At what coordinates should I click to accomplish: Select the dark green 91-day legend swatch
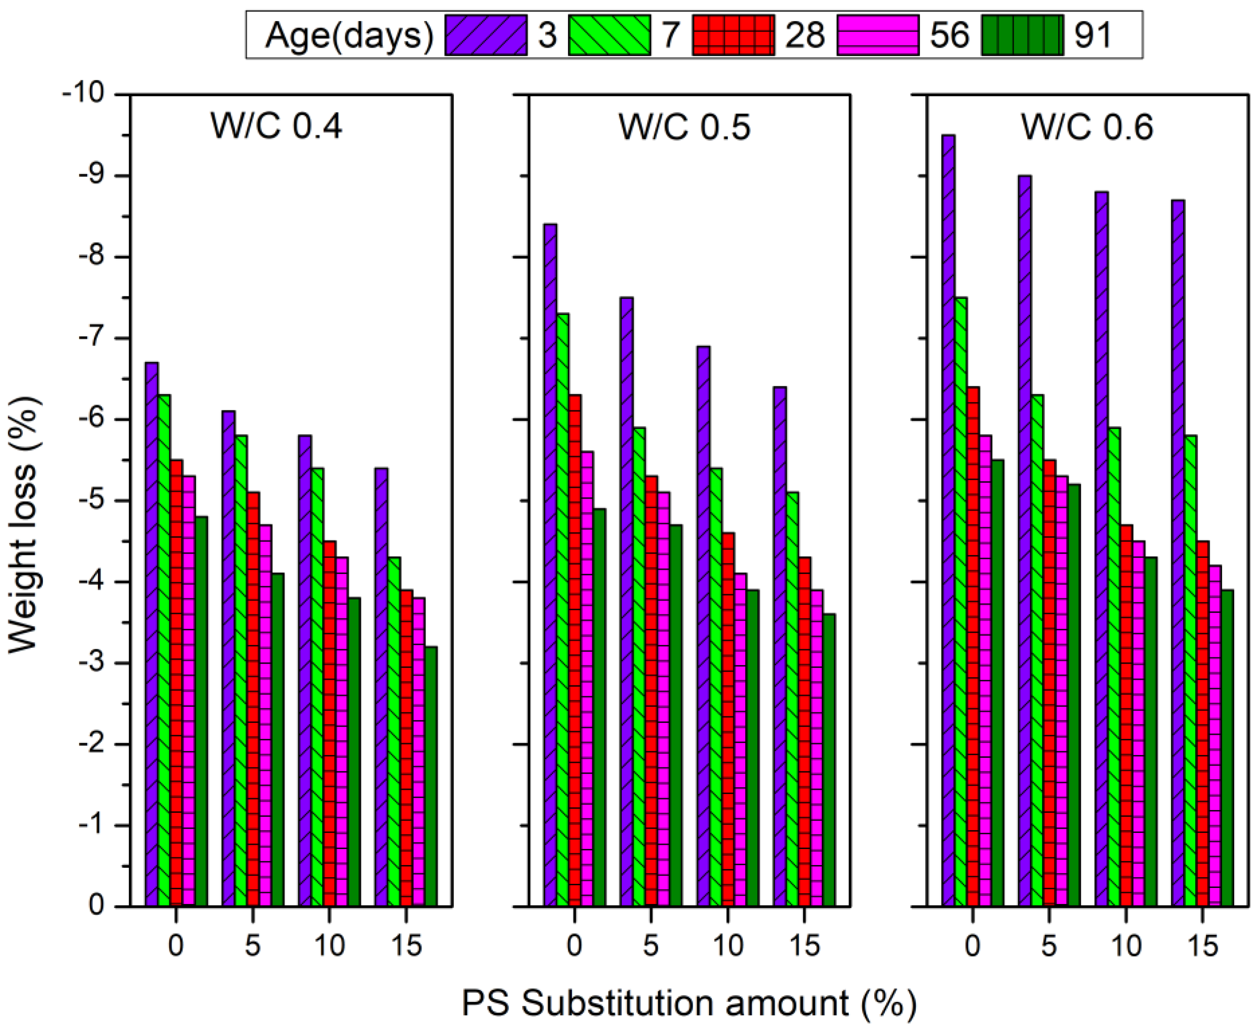[1022, 35]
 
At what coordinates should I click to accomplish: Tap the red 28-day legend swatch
[733, 35]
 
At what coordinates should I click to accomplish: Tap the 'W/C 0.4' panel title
[276, 126]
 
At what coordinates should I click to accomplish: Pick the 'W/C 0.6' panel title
[1087, 126]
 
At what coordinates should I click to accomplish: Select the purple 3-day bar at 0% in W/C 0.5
[550, 564]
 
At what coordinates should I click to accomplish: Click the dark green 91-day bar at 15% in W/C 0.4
[431, 778]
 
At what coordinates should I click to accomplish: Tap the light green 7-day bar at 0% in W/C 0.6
[961, 603]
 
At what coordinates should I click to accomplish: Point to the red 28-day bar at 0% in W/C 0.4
[177, 683]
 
